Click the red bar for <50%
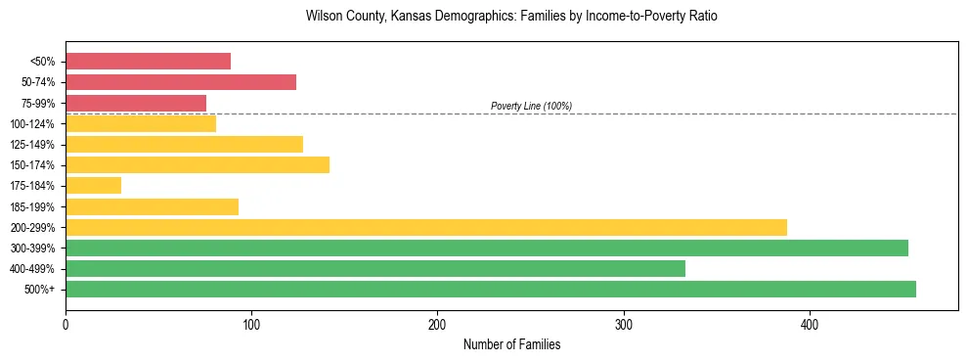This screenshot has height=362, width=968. [148, 62]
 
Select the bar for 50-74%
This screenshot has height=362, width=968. [181, 82]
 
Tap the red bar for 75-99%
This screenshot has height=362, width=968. [136, 103]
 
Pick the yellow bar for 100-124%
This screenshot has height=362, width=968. [141, 123]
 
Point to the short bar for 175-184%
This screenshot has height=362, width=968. [93, 185]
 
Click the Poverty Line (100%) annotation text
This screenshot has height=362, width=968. [531, 106]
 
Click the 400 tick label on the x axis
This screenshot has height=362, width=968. [810, 324]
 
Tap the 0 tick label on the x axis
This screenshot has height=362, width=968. [66, 324]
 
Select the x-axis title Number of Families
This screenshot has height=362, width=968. [511, 344]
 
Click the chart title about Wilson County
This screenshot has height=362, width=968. [511, 17]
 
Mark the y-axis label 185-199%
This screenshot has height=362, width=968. [37, 206]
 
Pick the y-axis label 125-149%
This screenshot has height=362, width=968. [37, 145]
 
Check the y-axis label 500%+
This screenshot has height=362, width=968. [42, 290]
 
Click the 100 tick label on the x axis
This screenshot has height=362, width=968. [251, 324]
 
